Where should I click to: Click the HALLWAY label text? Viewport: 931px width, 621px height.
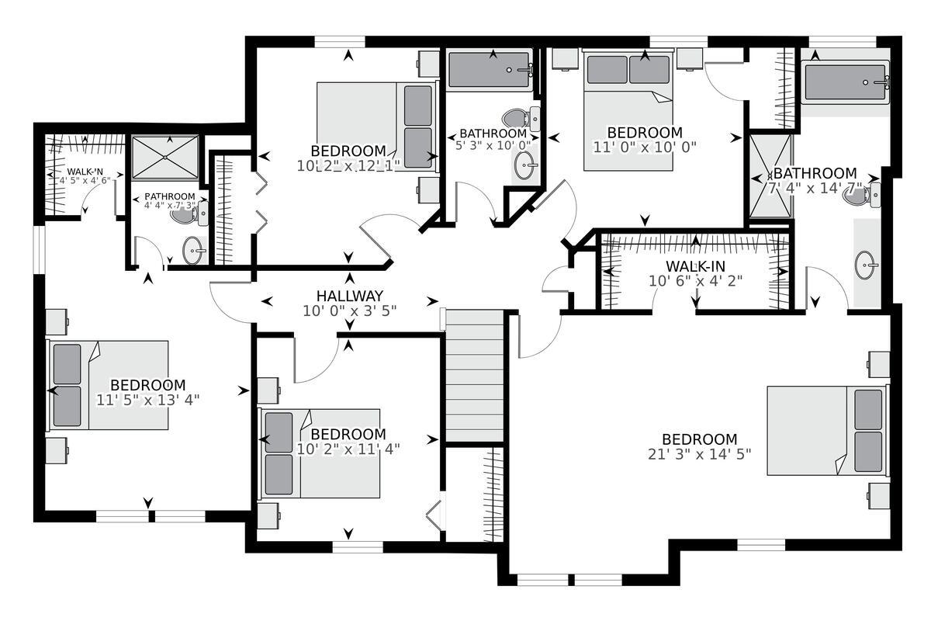(x=349, y=296)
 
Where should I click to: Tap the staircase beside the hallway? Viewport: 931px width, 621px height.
(x=473, y=376)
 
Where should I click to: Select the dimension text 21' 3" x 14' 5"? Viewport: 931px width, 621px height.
(x=699, y=454)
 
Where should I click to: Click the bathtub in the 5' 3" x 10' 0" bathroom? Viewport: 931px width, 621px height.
(x=490, y=70)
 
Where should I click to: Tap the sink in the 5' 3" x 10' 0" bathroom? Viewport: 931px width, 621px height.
(x=526, y=165)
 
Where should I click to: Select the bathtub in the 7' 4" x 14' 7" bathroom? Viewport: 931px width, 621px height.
(x=846, y=82)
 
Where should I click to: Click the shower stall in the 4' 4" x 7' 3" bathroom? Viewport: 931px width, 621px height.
(x=164, y=158)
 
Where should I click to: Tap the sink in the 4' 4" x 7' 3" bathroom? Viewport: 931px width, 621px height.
(x=194, y=250)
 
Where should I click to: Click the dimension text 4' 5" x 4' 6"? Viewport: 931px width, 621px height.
(x=85, y=180)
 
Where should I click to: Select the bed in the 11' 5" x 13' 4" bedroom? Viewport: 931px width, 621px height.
(x=109, y=385)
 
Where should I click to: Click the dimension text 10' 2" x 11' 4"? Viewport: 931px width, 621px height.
(x=348, y=448)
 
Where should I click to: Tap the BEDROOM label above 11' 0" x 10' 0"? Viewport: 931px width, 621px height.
(x=644, y=133)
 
